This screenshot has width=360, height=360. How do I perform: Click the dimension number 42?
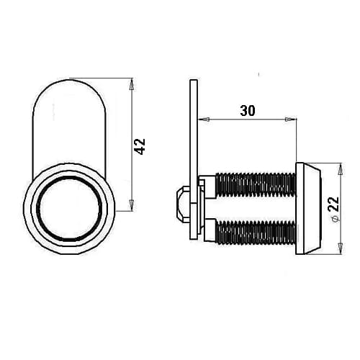(140, 146)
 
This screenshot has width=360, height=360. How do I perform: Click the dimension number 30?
(248, 111)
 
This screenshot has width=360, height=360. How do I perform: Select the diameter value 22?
(333, 204)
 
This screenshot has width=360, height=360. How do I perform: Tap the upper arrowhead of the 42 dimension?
(131, 85)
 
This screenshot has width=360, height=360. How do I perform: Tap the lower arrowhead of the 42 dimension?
(131, 204)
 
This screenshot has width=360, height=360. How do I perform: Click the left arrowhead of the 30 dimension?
(204, 119)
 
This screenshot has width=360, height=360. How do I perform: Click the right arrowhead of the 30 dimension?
(289, 119)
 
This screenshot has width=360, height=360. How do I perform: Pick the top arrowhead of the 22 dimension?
(340, 170)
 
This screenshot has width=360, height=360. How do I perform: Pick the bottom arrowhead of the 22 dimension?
(340, 248)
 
